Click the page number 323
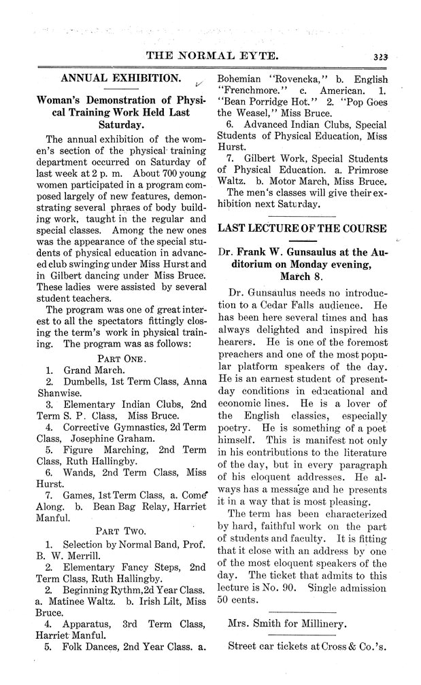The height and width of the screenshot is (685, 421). coord(391,58)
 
